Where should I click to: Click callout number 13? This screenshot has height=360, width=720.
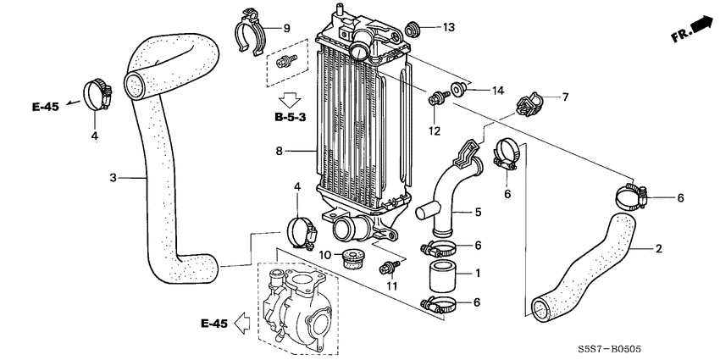(449, 27)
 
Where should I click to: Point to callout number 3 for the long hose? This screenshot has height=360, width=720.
(113, 178)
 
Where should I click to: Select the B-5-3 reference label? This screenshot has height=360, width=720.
(290, 116)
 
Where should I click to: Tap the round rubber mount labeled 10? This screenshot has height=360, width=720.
(349, 257)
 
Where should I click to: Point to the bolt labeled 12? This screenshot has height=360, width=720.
(438, 101)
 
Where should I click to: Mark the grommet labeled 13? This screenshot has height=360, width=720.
(415, 28)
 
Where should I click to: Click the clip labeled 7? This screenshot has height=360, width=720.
(529, 104)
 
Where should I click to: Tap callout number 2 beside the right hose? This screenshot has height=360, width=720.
(659, 249)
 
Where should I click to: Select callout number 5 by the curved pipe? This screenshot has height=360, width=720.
(478, 212)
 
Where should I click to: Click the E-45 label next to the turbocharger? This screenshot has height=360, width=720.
(214, 323)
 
